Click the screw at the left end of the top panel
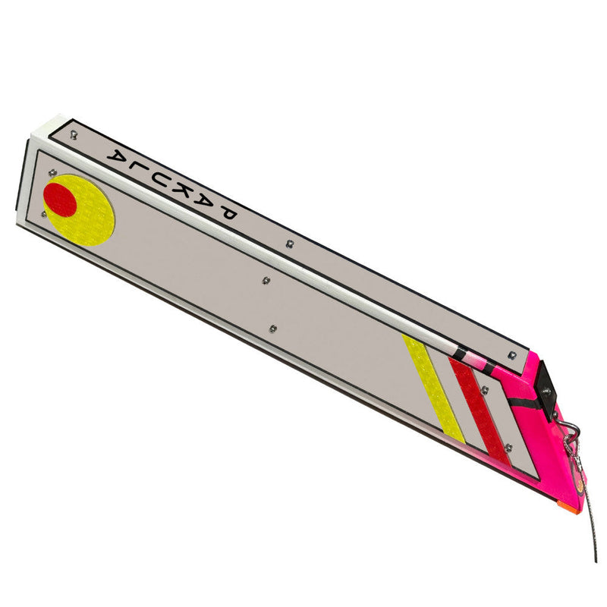tap(74, 136)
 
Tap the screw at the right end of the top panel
tap(513, 353)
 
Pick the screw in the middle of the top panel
tap(291, 244)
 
